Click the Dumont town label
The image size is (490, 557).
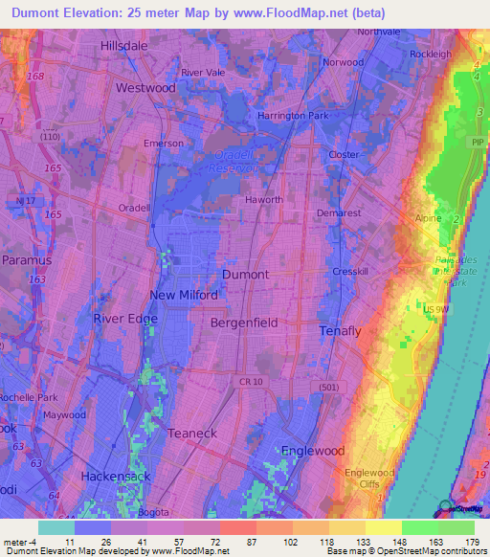tap(245, 274)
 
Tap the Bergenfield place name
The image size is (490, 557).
tap(244, 323)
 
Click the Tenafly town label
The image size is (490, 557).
tap(340, 331)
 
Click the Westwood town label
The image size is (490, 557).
tap(145, 87)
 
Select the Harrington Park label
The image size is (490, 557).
tap(293, 116)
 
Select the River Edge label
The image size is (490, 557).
tap(122, 319)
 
